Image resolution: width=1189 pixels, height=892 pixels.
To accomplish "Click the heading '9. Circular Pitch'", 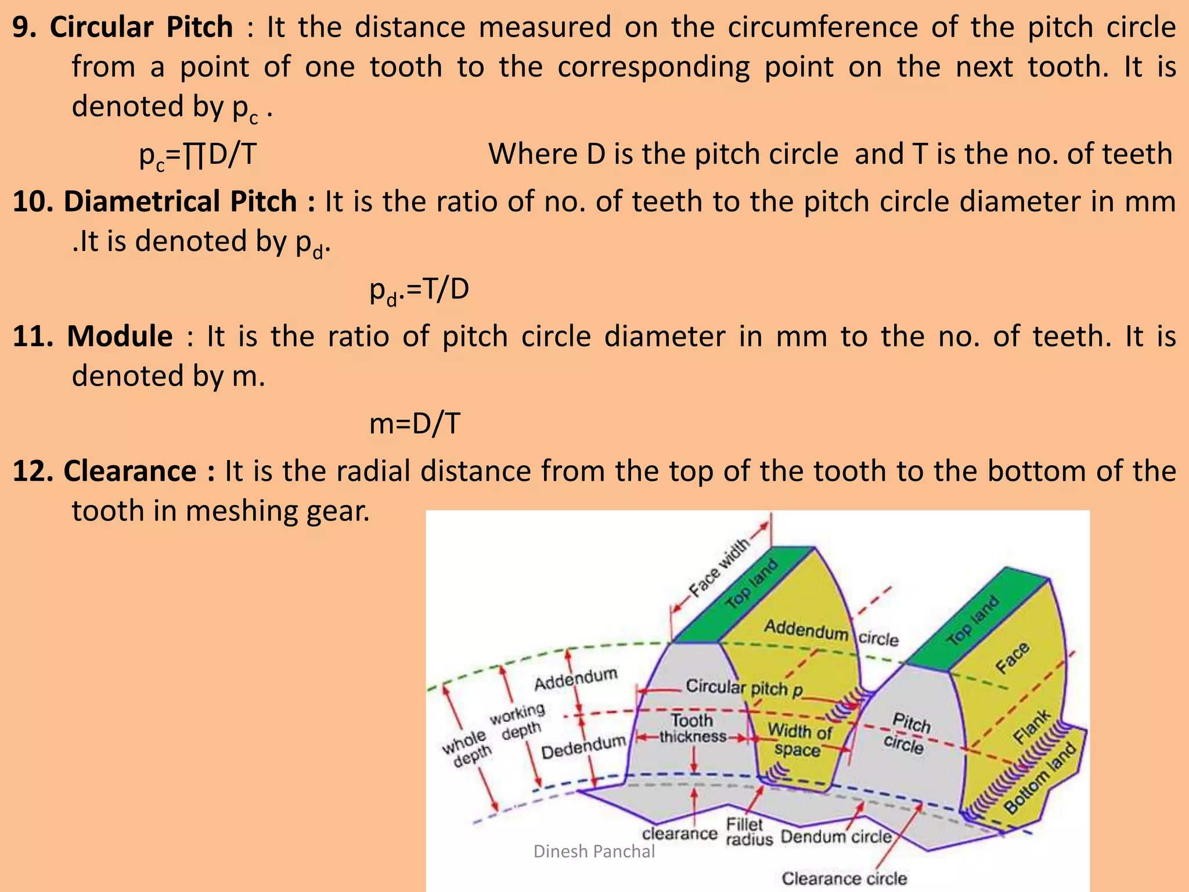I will pos(122,27).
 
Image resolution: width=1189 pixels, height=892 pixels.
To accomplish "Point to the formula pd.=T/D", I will pos(419,290).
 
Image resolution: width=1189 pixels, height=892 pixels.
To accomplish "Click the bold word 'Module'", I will pos(120,336).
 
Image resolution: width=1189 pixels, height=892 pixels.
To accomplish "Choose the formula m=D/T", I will pos(415,423).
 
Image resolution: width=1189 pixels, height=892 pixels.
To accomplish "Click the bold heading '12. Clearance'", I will pos(113,471).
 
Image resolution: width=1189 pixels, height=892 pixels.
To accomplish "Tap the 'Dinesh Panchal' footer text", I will pos(593,851).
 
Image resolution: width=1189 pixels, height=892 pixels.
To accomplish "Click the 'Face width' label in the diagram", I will pos(718,569).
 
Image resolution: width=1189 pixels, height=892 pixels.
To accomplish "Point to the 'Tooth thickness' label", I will pos(692,728).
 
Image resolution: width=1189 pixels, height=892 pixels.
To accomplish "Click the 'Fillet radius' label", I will pos(748,832).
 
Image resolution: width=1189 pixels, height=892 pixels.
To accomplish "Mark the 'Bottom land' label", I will pos(1040,778).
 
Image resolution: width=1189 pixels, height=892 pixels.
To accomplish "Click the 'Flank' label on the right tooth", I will pos(1032,726).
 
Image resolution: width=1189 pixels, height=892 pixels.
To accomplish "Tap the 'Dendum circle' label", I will pos(835,837).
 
